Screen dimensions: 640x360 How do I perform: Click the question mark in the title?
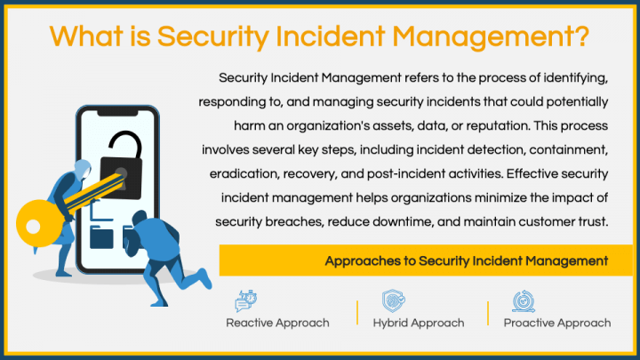[580, 36]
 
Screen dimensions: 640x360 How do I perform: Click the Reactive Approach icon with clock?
[245, 300]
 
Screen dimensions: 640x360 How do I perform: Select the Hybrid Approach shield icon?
[394, 300]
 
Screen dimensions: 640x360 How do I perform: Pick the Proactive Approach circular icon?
[524, 300]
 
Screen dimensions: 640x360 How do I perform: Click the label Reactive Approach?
[277, 323]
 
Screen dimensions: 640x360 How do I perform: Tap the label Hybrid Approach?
[419, 323]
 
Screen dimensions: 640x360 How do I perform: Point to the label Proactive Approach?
[557, 323]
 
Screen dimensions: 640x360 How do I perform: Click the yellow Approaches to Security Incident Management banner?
[426, 260]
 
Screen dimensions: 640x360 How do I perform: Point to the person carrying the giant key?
[68, 212]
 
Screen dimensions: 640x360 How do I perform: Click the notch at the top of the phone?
[117, 113]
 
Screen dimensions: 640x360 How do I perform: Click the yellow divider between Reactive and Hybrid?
[357, 313]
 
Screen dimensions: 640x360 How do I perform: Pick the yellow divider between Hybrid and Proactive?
[488, 313]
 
